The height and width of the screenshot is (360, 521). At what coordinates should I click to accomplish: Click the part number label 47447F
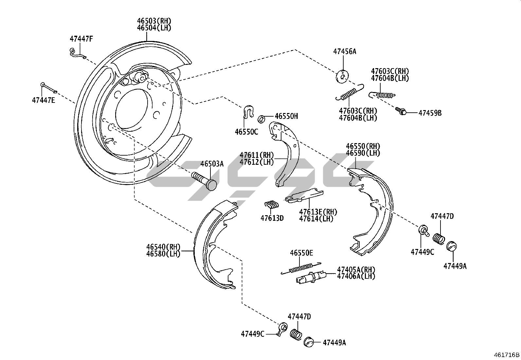(81, 39)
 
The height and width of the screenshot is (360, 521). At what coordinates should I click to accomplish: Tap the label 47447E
(44, 100)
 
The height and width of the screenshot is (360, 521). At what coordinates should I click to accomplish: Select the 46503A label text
(212, 164)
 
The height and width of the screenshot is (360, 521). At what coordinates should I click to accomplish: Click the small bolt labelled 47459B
(401, 111)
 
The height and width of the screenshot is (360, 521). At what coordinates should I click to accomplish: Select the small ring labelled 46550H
(262, 119)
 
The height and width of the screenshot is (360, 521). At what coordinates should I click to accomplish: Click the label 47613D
(272, 218)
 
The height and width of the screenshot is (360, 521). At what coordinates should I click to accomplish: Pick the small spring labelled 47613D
(271, 204)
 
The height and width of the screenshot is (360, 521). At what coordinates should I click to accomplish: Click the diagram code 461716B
(507, 355)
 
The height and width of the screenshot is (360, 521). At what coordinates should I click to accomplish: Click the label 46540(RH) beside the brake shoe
(163, 247)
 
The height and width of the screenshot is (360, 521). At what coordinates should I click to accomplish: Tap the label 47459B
(430, 113)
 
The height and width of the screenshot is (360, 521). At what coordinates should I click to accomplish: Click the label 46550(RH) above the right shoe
(363, 146)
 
